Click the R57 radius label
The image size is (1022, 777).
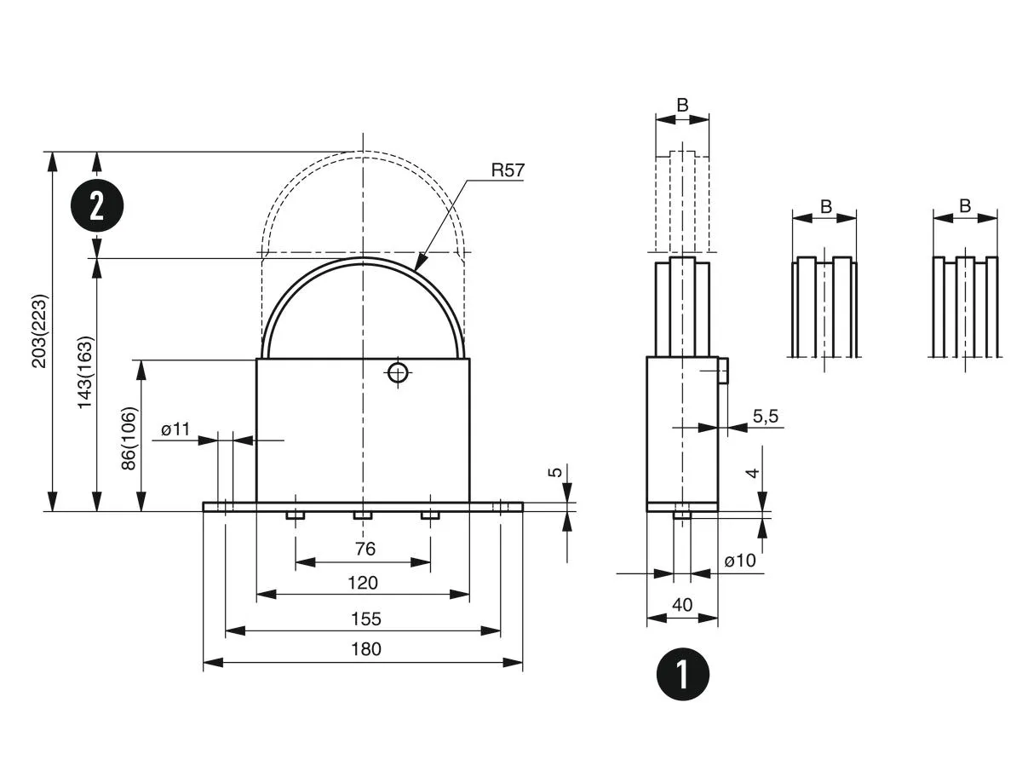(508, 170)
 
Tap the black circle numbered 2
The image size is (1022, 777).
(97, 205)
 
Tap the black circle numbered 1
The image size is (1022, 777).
(682, 674)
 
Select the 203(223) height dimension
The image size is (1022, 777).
(39, 331)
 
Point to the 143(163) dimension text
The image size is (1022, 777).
(85, 372)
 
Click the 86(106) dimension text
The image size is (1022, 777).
(129, 436)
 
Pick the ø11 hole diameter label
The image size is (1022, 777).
(175, 429)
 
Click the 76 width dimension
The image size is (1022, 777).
(365, 550)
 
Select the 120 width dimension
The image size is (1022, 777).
(363, 583)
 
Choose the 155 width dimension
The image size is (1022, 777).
(365, 619)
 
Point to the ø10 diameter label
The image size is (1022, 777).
(740, 561)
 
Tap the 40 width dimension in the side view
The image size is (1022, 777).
(682, 604)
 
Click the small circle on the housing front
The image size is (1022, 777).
(397, 371)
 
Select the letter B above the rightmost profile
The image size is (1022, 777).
(965, 205)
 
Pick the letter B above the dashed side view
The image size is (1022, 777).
(682, 105)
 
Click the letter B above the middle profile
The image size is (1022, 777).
(825, 205)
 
